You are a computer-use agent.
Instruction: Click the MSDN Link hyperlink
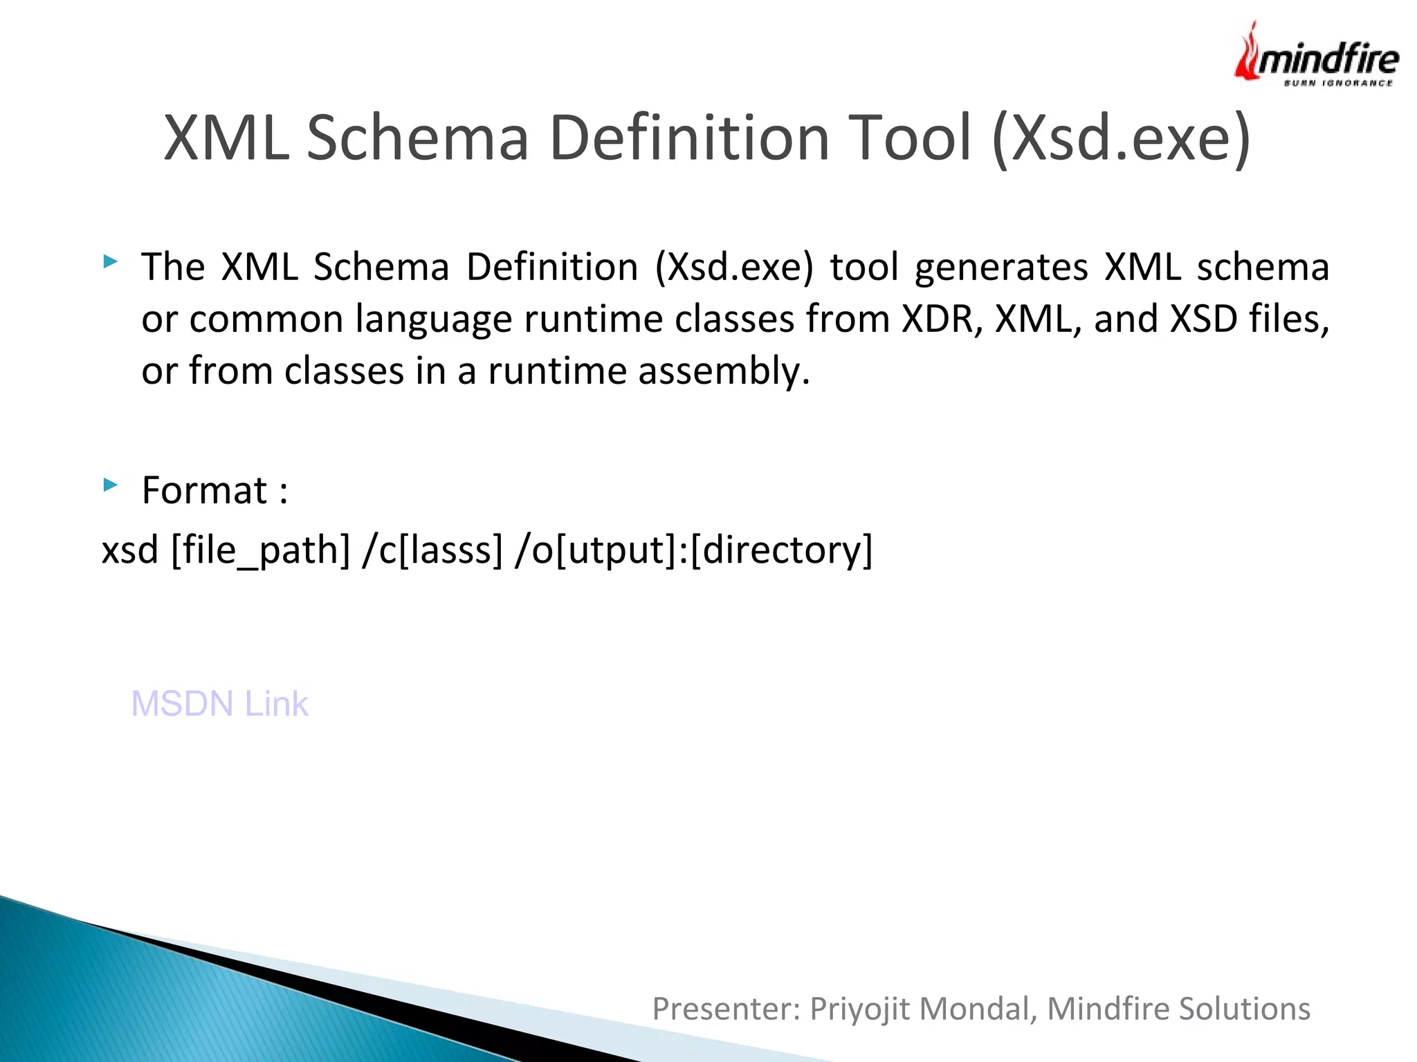coord(219,704)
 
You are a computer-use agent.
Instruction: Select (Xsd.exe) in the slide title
coord(1122,139)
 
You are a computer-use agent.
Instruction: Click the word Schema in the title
coord(417,138)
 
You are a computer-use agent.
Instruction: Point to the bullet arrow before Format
coord(110,485)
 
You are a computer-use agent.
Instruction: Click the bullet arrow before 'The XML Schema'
coord(110,261)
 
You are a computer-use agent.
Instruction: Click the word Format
coord(204,490)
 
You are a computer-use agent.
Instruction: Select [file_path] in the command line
coord(261,550)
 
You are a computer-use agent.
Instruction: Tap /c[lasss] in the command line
coord(432,550)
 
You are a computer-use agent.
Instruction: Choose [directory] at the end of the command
coord(781,550)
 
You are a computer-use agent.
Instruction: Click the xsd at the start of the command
coord(130,550)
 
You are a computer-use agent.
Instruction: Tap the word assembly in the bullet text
coord(723,371)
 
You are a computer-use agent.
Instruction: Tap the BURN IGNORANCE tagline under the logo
coord(1338,83)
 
